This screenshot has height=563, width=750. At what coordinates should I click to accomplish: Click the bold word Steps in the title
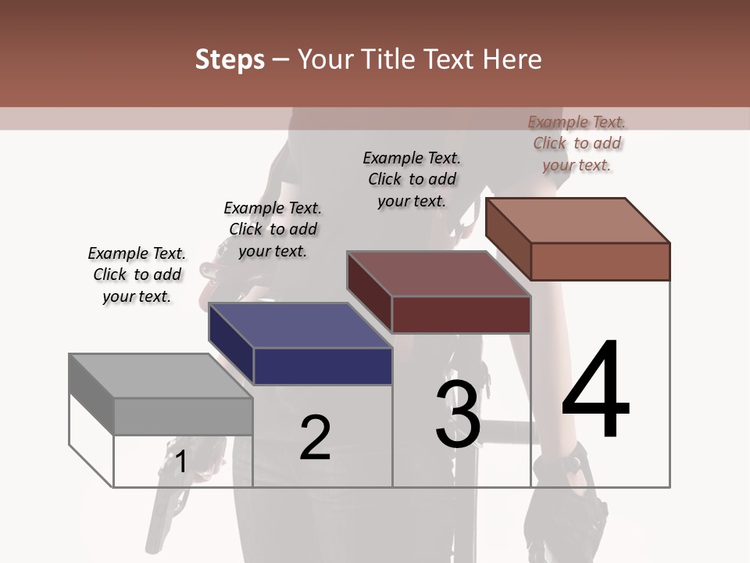[230, 59]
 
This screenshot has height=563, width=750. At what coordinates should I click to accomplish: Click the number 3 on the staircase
[458, 414]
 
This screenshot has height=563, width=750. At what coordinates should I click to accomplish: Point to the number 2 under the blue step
[315, 438]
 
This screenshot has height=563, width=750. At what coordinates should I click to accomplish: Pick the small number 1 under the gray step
[181, 461]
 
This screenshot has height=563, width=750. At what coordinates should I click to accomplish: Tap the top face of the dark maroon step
[438, 274]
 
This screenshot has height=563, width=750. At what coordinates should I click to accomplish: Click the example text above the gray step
[137, 274]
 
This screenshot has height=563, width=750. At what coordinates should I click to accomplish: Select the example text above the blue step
[273, 229]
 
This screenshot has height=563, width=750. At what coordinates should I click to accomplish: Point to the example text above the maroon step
[412, 179]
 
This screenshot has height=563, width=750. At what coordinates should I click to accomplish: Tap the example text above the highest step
[577, 143]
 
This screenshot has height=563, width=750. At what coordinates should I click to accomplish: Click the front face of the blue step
[323, 366]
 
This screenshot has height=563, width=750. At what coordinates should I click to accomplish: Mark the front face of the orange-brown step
[600, 261]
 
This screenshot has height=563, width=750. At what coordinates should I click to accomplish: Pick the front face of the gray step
[183, 416]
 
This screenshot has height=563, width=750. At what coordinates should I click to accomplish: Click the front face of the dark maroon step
[461, 314]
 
